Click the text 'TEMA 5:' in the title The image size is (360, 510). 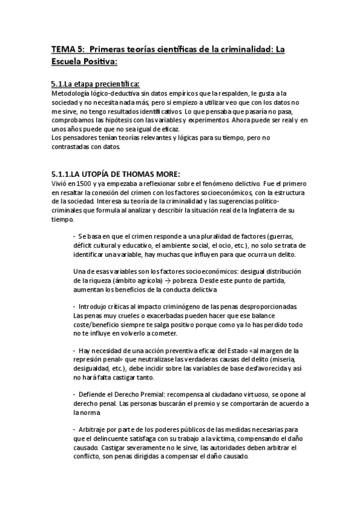(64, 50)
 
